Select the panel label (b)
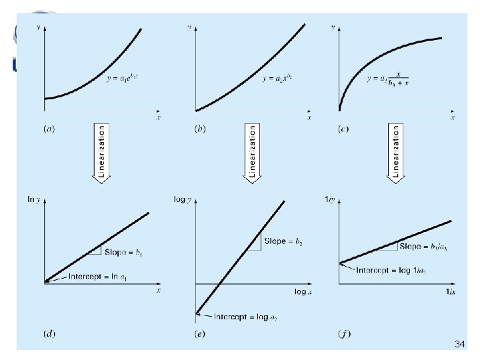tap(199, 128)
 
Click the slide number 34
tap(459, 344)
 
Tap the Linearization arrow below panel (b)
tap(253, 153)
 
